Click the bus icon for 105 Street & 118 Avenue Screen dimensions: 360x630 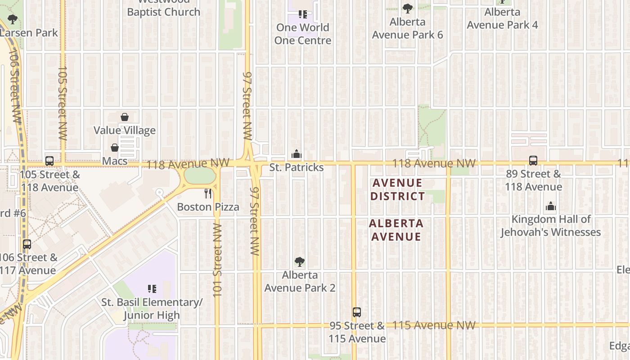[x=49, y=161]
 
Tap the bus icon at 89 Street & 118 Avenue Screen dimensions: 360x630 [x=533, y=160]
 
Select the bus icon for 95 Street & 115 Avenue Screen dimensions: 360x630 [x=357, y=312]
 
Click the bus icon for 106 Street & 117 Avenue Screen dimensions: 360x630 [x=27, y=244]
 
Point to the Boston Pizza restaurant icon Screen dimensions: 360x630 [x=208, y=193]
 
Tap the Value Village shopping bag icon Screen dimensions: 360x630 [x=125, y=117]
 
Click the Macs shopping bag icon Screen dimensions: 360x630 [x=115, y=148]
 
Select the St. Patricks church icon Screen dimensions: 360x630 [x=296, y=154]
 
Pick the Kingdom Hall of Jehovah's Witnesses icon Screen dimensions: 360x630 [x=551, y=206]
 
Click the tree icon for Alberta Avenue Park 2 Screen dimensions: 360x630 [x=299, y=262]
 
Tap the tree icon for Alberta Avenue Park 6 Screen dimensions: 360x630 [x=408, y=9]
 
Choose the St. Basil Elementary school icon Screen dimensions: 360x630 [x=152, y=288]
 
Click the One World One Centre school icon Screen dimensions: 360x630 [x=303, y=14]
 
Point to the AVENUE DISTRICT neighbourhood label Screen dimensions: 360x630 [x=397, y=189]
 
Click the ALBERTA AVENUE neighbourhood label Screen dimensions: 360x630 [x=396, y=230]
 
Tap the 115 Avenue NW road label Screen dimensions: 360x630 [x=434, y=325]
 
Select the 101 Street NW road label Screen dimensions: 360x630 [x=218, y=260]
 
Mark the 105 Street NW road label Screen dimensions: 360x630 [x=63, y=103]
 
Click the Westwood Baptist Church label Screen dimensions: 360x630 [x=163, y=9]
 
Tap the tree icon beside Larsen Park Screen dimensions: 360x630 [x=13, y=19]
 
